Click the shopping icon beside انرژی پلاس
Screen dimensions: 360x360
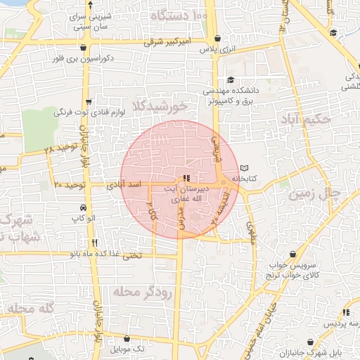click(x=216, y=39)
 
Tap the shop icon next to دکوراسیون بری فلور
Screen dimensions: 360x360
click(x=85, y=48)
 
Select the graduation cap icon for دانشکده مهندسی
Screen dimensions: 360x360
click(x=231, y=79)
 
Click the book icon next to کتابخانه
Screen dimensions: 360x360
click(x=244, y=168)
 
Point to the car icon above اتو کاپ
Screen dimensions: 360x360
click(x=84, y=208)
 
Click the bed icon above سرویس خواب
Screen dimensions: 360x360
click(x=292, y=254)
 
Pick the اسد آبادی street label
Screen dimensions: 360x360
click(x=124, y=186)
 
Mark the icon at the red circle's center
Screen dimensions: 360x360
click(x=186, y=178)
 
